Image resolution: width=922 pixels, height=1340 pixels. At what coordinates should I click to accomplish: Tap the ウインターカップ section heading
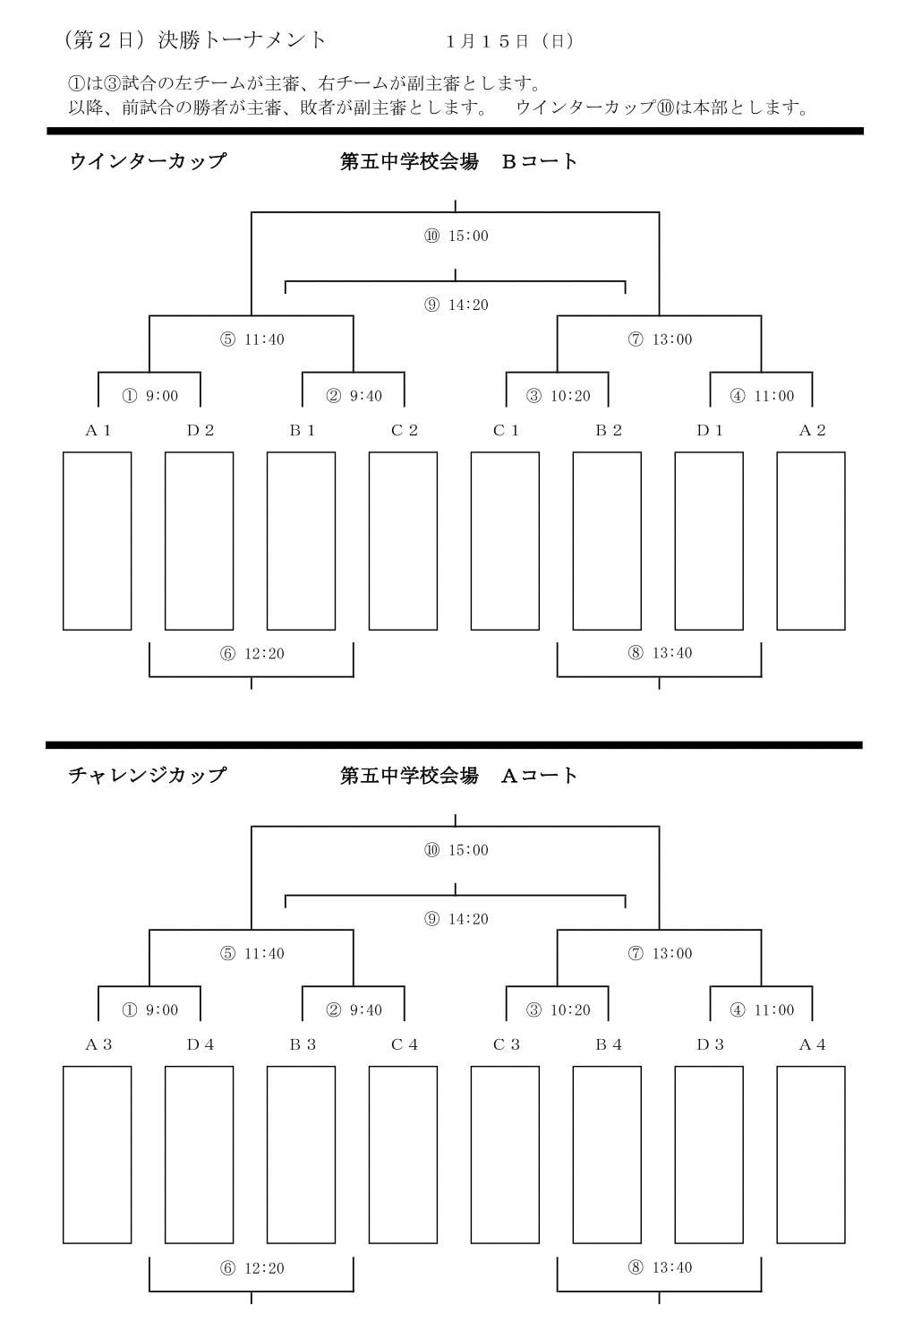tap(148, 161)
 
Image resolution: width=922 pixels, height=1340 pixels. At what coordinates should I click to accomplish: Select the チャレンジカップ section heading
tap(147, 776)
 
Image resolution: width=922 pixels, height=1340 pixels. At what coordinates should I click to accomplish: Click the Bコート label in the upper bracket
tap(540, 161)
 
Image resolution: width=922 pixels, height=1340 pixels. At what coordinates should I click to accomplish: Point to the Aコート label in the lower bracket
tap(540, 776)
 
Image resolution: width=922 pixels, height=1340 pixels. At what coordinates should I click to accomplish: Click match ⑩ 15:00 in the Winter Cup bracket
tap(457, 236)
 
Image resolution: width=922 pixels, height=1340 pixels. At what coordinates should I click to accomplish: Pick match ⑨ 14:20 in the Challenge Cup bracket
tap(457, 919)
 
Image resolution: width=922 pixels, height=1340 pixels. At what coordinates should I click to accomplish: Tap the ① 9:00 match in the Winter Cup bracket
tap(150, 396)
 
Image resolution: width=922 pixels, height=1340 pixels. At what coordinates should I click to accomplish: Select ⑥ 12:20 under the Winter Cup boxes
tap(252, 654)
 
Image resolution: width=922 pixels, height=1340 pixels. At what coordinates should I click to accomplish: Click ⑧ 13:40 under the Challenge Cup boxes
tap(660, 1267)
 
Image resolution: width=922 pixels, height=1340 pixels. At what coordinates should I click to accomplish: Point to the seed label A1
tap(98, 431)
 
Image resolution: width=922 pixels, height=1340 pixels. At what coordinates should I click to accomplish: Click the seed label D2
tap(201, 431)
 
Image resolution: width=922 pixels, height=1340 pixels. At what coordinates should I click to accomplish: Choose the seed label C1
tap(506, 431)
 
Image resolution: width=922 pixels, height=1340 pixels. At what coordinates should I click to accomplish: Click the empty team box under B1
tap(302, 541)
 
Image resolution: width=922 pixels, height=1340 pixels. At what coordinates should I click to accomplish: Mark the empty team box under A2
tap(811, 541)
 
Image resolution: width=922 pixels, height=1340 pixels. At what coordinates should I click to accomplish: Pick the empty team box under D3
tap(709, 1155)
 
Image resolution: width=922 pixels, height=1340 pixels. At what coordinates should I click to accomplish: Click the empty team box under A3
tap(97, 1155)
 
